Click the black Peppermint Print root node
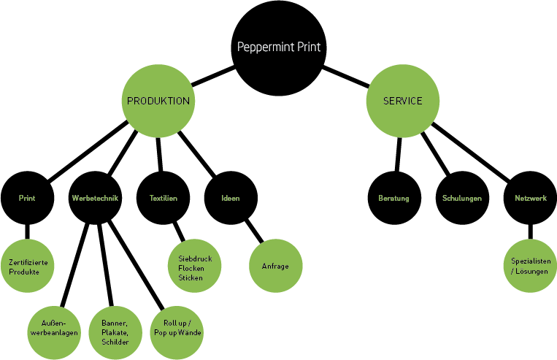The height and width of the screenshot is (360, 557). pyautogui.click(x=279, y=49)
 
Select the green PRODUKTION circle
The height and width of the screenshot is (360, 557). pyautogui.click(x=158, y=101)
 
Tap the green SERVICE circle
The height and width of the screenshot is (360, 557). pyautogui.click(x=403, y=101)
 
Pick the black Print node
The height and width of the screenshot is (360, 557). pyautogui.click(x=27, y=198)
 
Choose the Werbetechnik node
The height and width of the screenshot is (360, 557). pyautogui.click(x=96, y=198)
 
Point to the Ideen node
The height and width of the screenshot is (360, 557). pyautogui.click(x=231, y=198)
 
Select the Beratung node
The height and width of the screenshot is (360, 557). pyautogui.click(x=394, y=198)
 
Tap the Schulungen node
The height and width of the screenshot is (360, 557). pyautogui.click(x=461, y=198)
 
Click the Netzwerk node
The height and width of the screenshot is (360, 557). pyautogui.click(x=529, y=198)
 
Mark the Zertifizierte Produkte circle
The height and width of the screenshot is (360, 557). pyautogui.click(x=29, y=267)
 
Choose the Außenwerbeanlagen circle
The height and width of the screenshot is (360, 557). pyautogui.click(x=55, y=329)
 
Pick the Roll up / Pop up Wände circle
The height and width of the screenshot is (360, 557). pyautogui.click(x=177, y=329)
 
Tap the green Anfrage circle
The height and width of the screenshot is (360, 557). pyautogui.click(x=275, y=267)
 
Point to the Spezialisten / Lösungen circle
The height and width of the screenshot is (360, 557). pyautogui.click(x=530, y=267)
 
